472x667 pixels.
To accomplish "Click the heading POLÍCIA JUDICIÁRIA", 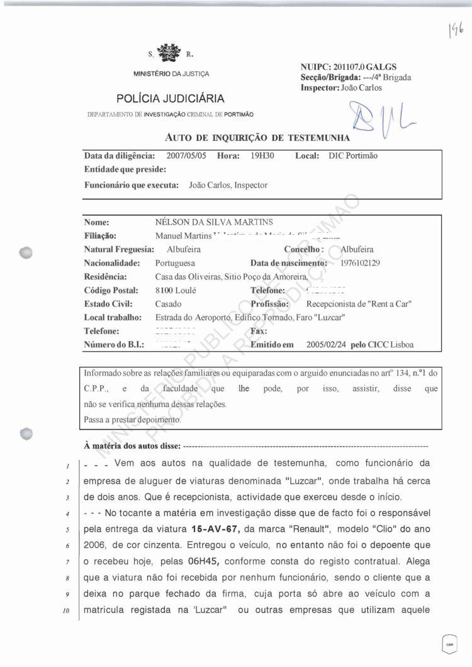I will coord(170,99).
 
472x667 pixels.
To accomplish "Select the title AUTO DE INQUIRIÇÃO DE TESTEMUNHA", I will coord(257,137).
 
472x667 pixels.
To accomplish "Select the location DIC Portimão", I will coord(353,155).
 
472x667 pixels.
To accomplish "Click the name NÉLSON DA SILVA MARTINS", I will coord(214,222).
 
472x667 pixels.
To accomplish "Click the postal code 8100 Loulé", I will coord(176,290).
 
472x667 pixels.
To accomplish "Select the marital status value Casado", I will coord(168,304).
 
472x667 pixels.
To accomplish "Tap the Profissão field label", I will coord(269,304).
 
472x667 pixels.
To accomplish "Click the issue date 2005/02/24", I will coord(327,345).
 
